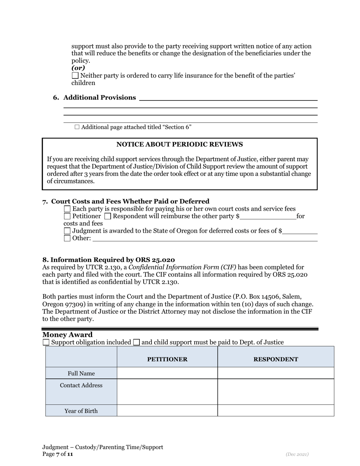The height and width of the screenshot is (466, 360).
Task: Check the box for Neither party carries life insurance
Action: (x=75, y=76)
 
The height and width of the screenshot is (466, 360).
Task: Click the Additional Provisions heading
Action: (x=99, y=98)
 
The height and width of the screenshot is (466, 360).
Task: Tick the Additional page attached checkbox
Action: (x=77, y=127)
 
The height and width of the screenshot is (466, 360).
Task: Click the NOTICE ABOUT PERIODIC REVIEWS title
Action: (x=179, y=144)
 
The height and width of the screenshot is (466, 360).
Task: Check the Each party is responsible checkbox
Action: (x=67, y=209)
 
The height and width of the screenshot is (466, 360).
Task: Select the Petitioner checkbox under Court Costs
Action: (x=67, y=216)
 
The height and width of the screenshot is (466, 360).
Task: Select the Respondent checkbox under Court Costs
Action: (x=108, y=216)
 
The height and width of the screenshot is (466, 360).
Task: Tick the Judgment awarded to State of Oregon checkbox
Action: (x=67, y=231)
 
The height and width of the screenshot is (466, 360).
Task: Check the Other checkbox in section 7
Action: (x=67, y=238)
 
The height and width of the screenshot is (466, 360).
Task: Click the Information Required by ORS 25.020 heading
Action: (x=109, y=260)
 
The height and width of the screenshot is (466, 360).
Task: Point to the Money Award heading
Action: (x=67, y=335)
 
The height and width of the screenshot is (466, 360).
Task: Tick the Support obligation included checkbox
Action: (x=46, y=342)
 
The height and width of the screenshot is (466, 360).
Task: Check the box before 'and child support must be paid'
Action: (x=136, y=342)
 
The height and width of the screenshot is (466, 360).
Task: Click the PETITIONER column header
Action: (x=167, y=359)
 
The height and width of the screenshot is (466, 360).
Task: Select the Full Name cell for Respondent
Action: (x=275, y=373)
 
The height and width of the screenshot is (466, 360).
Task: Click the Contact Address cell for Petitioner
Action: (x=167, y=392)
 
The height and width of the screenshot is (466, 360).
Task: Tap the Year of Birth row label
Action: (x=81, y=411)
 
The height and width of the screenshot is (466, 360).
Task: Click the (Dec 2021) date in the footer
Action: (x=297, y=454)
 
